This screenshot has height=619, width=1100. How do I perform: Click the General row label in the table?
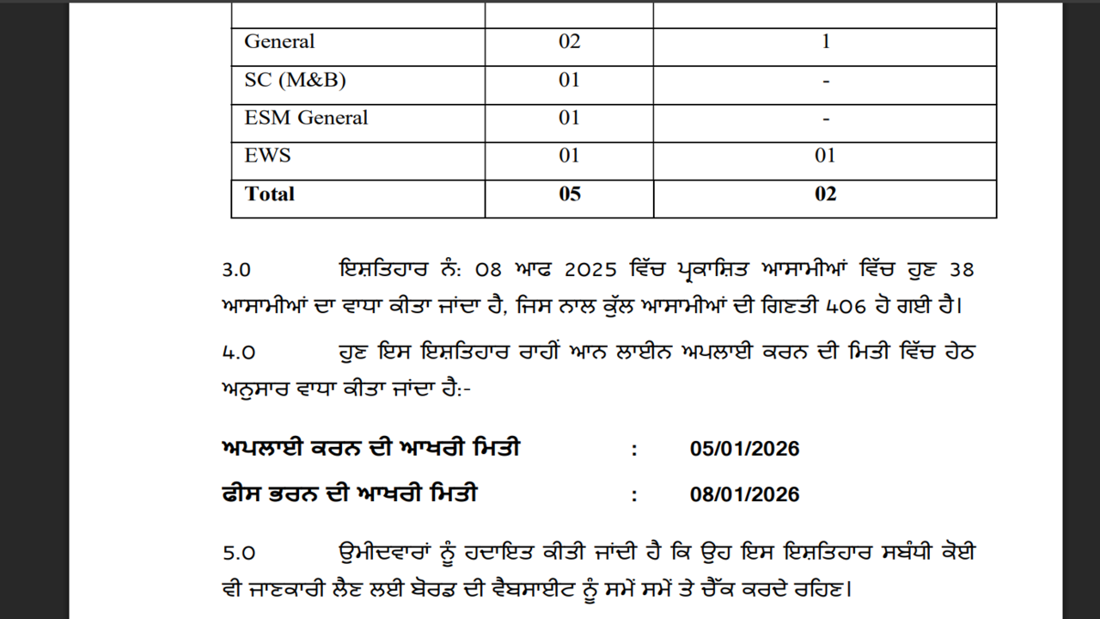[x=279, y=41]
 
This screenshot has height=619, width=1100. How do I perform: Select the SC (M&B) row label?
[x=295, y=80]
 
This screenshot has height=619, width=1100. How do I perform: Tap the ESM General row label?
[x=306, y=118]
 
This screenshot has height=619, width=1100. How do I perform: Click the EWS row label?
[x=267, y=156]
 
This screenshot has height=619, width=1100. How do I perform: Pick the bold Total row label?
[x=269, y=193]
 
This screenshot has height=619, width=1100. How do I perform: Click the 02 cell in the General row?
[x=569, y=41]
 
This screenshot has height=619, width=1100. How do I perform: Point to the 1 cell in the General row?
[x=825, y=41]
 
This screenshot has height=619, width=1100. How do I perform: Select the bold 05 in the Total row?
[x=569, y=193]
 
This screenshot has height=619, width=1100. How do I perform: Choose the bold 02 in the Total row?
[x=825, y=193]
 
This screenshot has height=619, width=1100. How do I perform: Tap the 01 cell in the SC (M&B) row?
[x=569, y=80]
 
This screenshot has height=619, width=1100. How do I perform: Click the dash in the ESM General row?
[x=825, y=119]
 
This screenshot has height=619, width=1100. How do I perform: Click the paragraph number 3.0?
[x=236, y=270]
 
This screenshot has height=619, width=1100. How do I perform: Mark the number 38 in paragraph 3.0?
[x=962, y=270]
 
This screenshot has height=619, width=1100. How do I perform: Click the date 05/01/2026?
[x=744, y=449]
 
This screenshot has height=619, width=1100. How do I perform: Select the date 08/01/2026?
[x=744, y=494]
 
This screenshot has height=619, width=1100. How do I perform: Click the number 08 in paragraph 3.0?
[x=487, y=270]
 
